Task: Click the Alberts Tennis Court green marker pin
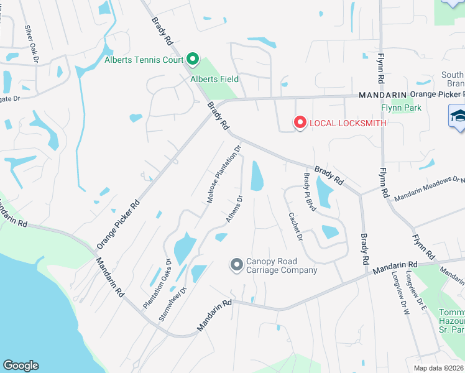click(192, 60)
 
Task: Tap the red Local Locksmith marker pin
click(300, 122)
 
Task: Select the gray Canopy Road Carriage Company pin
click(236, 265)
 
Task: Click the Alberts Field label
click(214, 79)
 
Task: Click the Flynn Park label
click(401, 108)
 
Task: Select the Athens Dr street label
click(234, 210)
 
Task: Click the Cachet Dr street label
click(295, 227)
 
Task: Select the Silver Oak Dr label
click(32, 44)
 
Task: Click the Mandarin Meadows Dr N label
click(429, 188)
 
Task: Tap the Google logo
click(21, 366)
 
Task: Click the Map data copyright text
click(438, 368)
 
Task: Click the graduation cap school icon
click(458, 116)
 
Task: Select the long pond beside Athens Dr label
click(256, 176)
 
